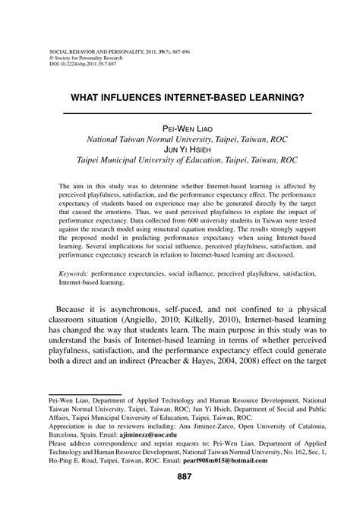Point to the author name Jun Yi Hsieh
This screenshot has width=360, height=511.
tap(180, 150)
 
